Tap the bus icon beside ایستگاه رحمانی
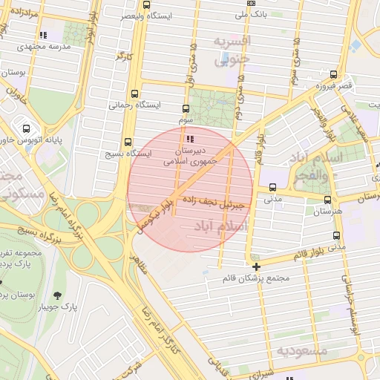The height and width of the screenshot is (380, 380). [134, 94]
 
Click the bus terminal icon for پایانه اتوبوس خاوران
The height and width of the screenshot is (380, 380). [27, 128]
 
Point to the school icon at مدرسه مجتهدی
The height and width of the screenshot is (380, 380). [43, 34]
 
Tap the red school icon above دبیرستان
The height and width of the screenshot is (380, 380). [191, 138]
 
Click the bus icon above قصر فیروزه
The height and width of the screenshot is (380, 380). [333, 74]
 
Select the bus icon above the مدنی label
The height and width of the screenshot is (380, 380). [273, 188]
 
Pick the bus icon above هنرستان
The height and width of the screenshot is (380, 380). [328, 200]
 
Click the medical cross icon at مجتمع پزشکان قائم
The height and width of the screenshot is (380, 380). [256, 266]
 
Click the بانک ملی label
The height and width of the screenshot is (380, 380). [251, 14]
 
